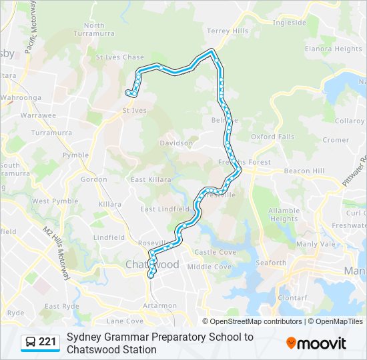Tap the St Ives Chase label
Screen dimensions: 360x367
(x=119, y=57)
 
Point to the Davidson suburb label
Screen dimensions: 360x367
(x=176, y=143)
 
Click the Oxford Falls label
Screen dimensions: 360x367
(x=272, y=137)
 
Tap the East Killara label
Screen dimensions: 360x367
(x=151, y=179)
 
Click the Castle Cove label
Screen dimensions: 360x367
(x=215, y=252)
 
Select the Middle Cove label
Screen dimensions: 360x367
(x=209, y=267)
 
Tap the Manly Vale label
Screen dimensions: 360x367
(x=316, y=244)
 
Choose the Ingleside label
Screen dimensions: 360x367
(x=289, y=22)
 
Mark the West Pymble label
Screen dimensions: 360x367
(x=50, y=201)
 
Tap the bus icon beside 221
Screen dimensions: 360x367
(x=31, y=343)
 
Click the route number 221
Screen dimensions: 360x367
(x=47, y=343)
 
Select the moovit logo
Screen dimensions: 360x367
(x=316, y=343)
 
